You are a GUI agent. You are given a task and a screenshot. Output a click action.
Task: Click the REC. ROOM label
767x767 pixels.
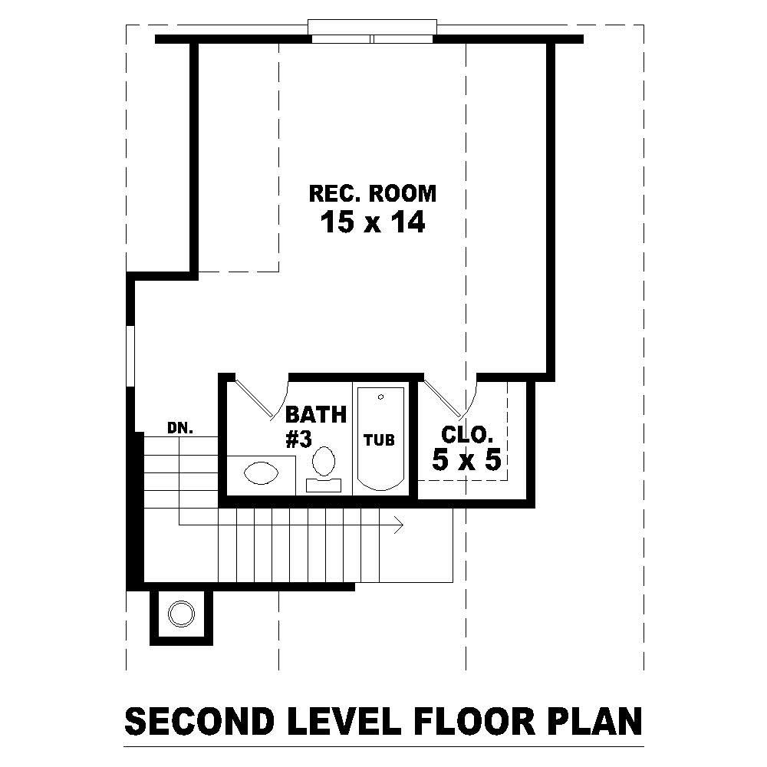[x=372, y=193]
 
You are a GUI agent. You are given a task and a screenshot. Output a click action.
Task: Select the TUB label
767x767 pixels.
[x=379, y=440]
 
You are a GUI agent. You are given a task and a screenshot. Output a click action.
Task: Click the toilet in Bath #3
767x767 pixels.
[x=324, y=463]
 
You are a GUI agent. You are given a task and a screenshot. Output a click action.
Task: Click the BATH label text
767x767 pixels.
[x=316, y=415]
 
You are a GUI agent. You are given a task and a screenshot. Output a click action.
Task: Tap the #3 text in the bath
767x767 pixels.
[x=298, y=440]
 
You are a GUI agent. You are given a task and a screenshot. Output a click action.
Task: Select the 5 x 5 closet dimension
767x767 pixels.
[x=466, y=460]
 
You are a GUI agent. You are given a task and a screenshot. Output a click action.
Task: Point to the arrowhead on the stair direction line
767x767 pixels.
[x=399, y=525]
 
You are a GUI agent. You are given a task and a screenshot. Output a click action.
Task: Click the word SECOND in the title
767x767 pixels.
[x=199, y=723]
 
